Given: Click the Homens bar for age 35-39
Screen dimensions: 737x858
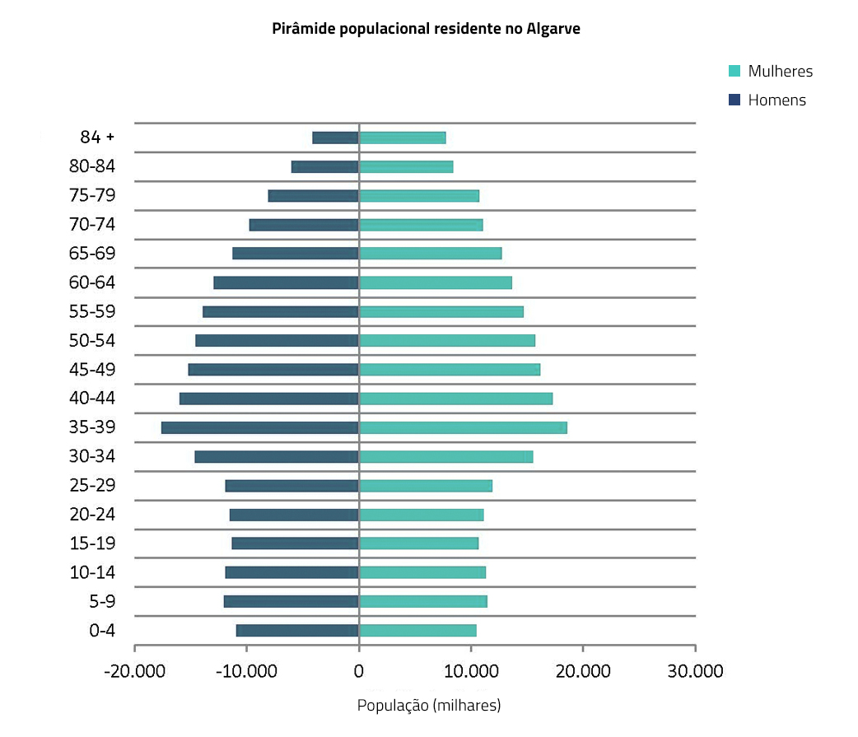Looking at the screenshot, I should [x=259, y=427].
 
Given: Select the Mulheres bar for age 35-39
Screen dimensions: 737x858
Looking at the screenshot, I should [x=463, y=427].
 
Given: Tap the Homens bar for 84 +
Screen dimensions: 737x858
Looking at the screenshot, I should [x=335, y=138].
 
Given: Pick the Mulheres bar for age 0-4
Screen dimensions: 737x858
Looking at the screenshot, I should [x=417, y=630].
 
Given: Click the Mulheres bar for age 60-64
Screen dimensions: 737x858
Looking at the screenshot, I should [x=435, y=282].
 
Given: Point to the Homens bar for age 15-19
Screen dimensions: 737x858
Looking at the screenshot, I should [x=295, y=543].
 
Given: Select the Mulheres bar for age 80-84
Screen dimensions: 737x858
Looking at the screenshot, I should [x=406, y=166].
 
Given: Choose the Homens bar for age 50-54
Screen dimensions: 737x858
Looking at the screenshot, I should [x=277, y=340].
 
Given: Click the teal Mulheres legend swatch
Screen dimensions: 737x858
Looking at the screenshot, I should [x=734, y=71].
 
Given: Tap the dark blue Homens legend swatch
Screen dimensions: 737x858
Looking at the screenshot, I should [x=734, y=100].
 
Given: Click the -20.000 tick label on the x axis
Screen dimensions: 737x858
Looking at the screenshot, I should [x=135, y=670].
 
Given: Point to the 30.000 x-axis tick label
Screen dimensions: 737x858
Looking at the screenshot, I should [x=695, y=670].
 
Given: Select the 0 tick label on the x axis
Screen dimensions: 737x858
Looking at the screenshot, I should [x=359, y=670].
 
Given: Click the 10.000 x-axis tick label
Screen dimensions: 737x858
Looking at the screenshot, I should [x=471, y=670].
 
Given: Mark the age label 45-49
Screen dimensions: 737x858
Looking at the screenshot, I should [x=92, y=369].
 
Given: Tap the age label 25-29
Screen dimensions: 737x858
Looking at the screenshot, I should [x=92, y=485].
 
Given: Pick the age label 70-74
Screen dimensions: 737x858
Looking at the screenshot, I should [x=92, y=224].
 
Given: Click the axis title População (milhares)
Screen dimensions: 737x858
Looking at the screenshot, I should [x=429, y=706].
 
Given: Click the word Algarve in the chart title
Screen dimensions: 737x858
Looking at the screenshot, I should [x=553, y=29].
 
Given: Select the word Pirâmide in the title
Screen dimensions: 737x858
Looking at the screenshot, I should [x=300, y=29].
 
